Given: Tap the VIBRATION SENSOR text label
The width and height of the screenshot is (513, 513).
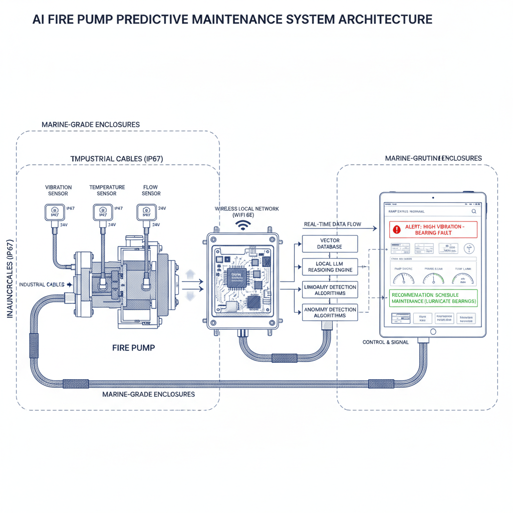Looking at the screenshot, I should point(58,190).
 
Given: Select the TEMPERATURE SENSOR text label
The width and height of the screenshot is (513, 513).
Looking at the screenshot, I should point(107,190).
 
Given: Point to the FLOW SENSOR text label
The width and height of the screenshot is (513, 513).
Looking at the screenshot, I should point(151,190).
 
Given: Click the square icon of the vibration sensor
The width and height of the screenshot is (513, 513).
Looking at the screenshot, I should point(54,212).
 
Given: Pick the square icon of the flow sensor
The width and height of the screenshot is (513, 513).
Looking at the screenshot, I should point(146,212).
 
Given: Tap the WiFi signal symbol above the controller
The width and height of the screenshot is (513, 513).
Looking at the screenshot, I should point(244,225).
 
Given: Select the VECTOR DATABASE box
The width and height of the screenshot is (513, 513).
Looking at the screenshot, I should point(330,244).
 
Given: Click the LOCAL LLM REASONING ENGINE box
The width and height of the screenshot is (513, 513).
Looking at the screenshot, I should point(330,267).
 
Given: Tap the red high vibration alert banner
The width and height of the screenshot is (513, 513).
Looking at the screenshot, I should point(433,229).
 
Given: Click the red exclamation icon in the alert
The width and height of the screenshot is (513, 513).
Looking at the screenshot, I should point(397,229).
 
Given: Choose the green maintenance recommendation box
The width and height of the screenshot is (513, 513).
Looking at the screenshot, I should point(433,299).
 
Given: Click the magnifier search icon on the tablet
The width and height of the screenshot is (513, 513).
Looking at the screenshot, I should point(473,212).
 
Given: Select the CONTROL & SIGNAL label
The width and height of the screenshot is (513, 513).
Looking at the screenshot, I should point(386,342).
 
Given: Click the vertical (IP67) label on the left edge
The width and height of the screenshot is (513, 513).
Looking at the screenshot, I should point(10,281).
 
